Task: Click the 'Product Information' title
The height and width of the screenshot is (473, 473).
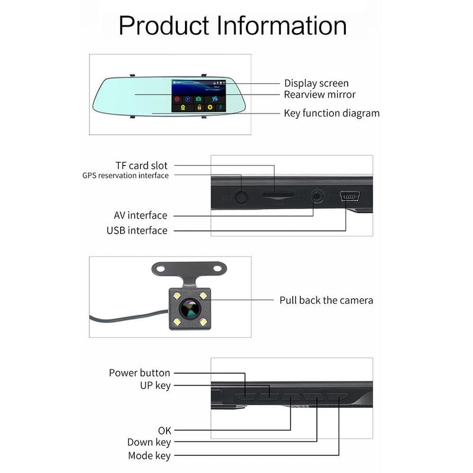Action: (x=232, y=26)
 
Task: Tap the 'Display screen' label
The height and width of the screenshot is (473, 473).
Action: (x=316, y=83)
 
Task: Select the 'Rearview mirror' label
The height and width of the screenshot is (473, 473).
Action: (x=320, y=95)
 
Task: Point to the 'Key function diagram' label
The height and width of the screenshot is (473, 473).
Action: (x=332, y=113)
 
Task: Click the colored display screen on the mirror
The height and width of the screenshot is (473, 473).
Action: (x=197, y=96)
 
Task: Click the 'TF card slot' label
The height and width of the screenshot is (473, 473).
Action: (x=141, y=166)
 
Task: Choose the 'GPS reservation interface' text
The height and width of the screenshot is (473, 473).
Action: (x=125, y=176)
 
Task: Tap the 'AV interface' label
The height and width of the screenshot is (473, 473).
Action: (x=141, y=215)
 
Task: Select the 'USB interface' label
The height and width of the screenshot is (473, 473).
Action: (x=137, y=230)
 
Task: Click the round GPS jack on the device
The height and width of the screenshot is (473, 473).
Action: (x=241, y=197)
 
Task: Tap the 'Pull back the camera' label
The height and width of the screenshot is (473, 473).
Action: (x=326, y=300)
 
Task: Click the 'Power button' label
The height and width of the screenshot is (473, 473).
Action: (x=140, y=373)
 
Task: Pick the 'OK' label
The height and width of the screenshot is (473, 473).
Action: (x=164, y=430)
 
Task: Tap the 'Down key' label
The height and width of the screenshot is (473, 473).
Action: (x=149, y=442)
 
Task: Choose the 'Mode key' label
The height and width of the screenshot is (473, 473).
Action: (x=149, y=456)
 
